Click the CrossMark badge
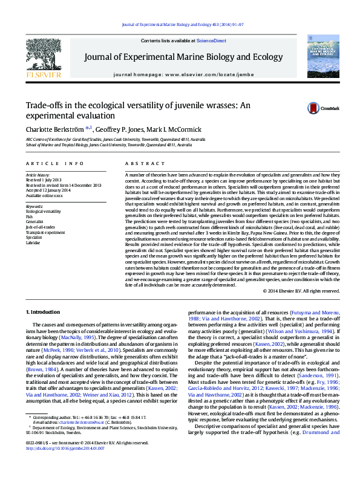pos(327,108)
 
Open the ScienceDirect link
pos(212,41)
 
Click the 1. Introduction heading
pos(44,311)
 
